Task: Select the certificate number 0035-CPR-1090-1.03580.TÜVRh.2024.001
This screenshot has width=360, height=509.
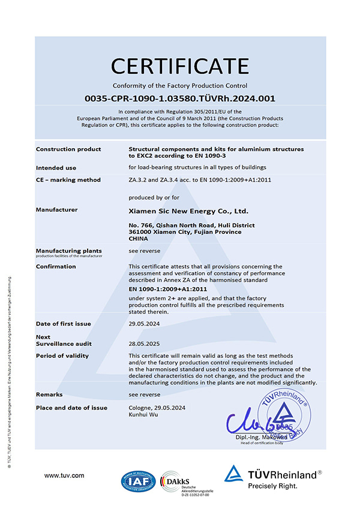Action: click(180, 98)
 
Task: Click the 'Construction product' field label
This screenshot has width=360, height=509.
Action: click(68, 149)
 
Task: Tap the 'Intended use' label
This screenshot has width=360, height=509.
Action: click(56, 167)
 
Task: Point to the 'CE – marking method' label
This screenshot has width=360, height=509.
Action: click(68, 180)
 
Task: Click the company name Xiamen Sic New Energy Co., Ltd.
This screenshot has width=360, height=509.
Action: click(188, 211)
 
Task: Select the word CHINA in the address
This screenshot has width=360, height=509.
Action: click(139, 238)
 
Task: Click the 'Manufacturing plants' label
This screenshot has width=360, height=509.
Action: click(68, 250)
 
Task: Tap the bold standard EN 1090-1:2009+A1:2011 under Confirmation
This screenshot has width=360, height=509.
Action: click(167, 289)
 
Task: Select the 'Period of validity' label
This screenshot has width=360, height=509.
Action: click(62, 356)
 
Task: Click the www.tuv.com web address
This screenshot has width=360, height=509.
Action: click(64, 475)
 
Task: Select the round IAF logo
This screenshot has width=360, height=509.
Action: click(137, 481)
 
